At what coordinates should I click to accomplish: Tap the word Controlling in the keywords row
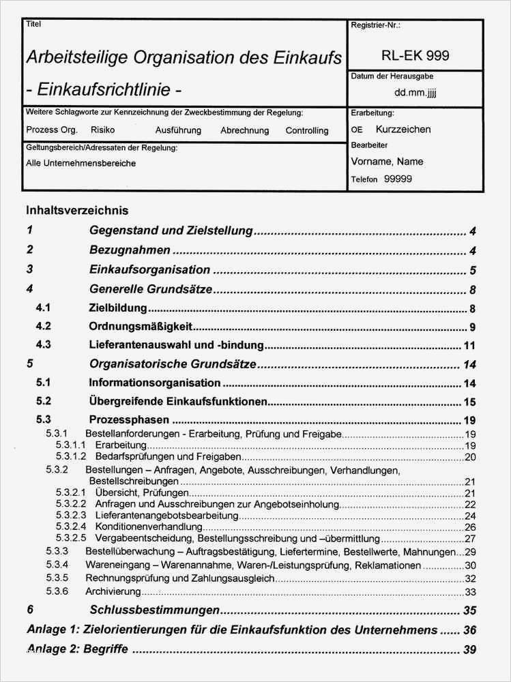pos(306,130)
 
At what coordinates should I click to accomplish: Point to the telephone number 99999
pos(398,179)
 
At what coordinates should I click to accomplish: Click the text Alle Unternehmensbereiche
pos(81,164)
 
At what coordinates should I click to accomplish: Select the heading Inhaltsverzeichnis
pos(77,211)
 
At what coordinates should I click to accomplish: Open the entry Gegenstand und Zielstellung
pos(171,231)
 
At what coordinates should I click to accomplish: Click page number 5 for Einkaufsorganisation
pos(472,270)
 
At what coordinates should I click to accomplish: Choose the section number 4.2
pos(44,326)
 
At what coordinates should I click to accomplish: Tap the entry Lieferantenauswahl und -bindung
pos(177,345)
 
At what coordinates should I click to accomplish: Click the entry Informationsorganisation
pos(155,383)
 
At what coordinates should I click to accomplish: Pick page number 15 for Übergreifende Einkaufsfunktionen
pos(469,402)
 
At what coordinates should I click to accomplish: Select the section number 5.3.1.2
pos(70,456)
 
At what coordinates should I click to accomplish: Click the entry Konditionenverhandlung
pos(149,527)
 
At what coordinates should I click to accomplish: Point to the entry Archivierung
pos(113,591)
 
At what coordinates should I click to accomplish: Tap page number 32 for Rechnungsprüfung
pos(469,578)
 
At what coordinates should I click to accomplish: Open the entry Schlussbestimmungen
pos(154,610)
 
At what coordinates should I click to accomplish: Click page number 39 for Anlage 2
pos(469,649)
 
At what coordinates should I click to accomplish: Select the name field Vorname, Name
pos(387,162)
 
